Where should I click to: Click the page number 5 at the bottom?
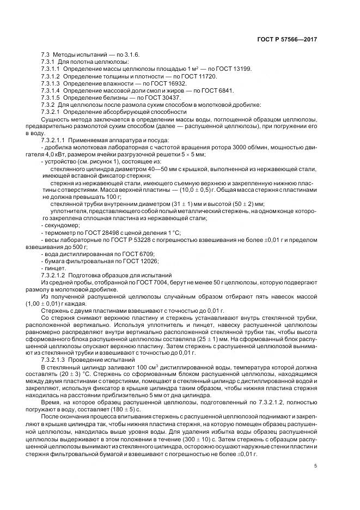(316, 466)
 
